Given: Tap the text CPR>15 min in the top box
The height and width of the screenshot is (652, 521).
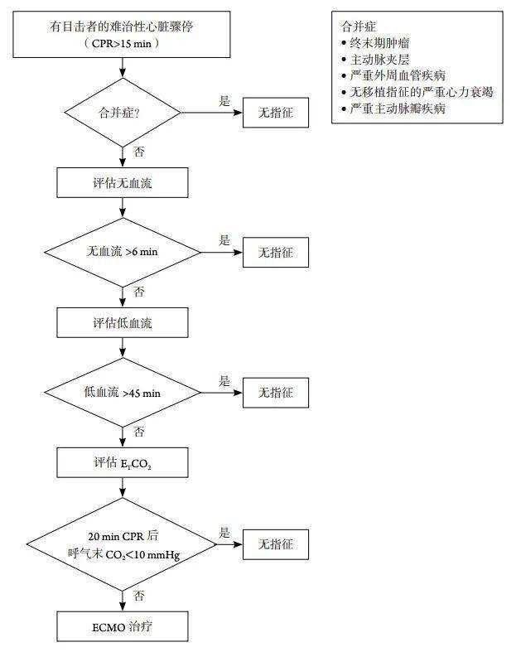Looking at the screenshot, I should click(123, 43).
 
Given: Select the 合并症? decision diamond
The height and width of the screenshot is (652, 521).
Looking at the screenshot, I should click(123, 112).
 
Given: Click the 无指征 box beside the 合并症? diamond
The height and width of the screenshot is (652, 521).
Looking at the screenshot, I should click(275, 112).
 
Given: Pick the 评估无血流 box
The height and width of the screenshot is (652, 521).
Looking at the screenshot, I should click(123, 182).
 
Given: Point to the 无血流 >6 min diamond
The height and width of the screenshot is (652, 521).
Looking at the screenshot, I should click(123, 252).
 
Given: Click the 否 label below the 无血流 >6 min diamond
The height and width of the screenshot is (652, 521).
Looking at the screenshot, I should click(138, 292).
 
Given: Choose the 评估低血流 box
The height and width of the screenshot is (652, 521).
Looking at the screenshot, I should click(123, 321).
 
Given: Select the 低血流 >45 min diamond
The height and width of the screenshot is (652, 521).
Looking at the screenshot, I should click(123, 392).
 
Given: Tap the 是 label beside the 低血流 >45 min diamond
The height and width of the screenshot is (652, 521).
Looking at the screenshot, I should click(224, 381).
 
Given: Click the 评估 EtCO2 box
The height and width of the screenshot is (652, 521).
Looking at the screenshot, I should click(123, 462).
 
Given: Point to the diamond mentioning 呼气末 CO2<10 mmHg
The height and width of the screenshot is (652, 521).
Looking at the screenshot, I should click(123, 544).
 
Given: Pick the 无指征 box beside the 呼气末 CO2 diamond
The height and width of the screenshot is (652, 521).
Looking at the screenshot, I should click(275, 544).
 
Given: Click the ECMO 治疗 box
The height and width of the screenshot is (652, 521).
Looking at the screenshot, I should click(123, 626).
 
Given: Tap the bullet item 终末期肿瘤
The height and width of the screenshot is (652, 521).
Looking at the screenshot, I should click(379, 42).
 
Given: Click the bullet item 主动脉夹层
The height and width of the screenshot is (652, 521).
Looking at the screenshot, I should click(379, 59).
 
